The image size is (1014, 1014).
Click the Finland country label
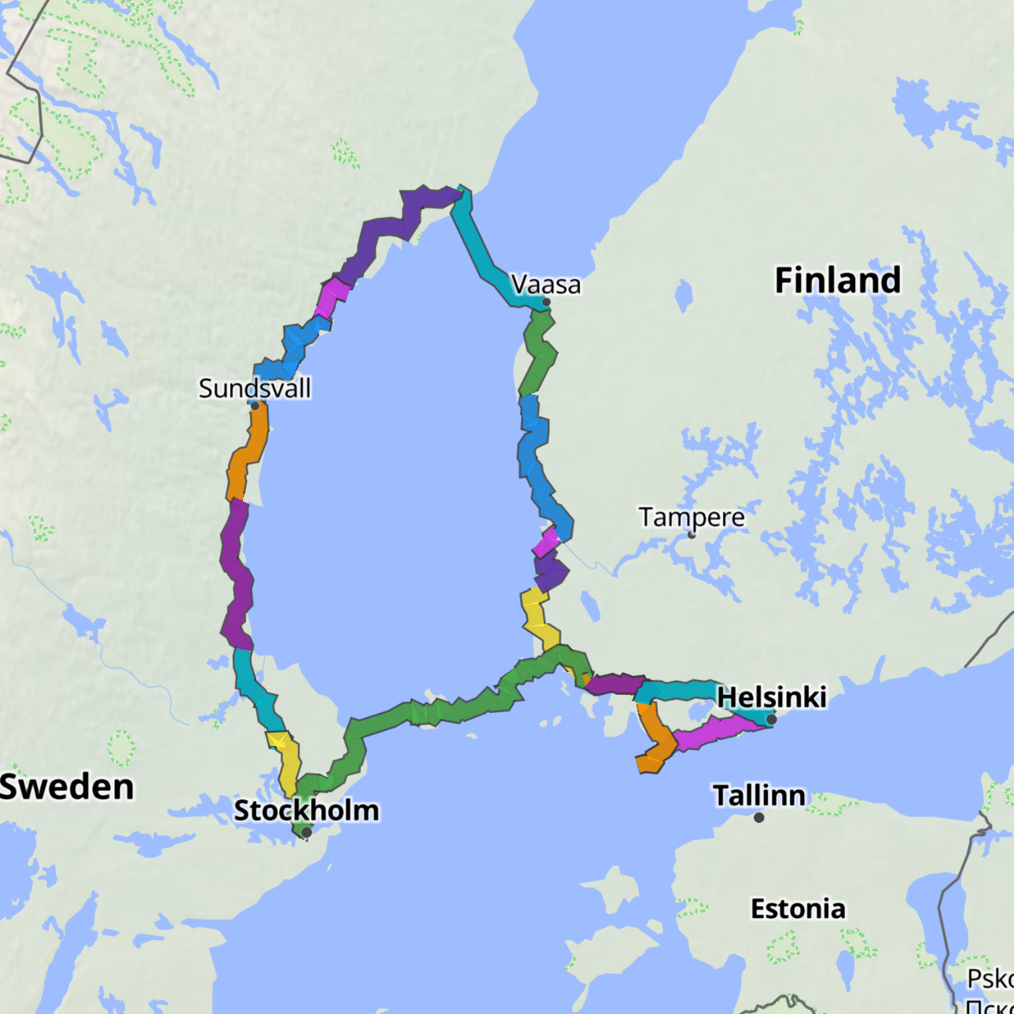[838, 280]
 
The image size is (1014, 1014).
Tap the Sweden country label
[66, 787]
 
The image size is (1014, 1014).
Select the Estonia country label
[797, 909]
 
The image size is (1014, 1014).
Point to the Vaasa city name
[546, 284]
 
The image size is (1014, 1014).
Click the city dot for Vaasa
[547, 302]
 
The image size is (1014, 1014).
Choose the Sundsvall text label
[255, 388]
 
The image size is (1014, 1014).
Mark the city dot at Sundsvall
[255, 406]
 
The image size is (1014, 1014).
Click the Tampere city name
[691, 517]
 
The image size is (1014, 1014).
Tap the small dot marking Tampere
[691, 535]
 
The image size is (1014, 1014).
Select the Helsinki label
[771, 697]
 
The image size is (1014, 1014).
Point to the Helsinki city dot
[771, 720]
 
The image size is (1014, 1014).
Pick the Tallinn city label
[758, 795]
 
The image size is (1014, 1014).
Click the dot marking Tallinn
[759, 818]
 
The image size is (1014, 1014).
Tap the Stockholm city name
[306, 810]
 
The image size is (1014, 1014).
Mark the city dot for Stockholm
[306, 832]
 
